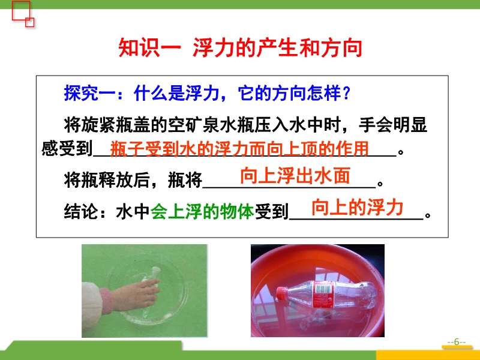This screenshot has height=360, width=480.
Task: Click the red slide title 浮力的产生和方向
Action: coord(278,48)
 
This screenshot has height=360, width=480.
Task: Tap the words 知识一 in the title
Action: coord(149,48)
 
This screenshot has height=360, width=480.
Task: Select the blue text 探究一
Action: coord(89,93)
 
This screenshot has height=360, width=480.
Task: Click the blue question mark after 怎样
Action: coord(347,93)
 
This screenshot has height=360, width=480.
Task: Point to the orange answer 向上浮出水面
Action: coord(295,176)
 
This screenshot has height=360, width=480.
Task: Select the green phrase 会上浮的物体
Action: coord(202,211)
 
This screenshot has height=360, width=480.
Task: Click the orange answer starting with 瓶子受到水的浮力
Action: coord(239,149)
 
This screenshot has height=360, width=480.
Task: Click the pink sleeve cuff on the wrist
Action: coord(106,301)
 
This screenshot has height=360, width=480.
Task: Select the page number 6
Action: coord(457,341)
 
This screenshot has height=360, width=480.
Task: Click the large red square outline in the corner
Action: coord(21,11)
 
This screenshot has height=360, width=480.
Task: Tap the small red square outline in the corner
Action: coord(29,22)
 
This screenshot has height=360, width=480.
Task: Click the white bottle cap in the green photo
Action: coord(156,271)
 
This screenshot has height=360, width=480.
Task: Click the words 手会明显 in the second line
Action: coord(393,125)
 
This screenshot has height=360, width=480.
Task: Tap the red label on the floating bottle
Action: coord(323,295)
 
